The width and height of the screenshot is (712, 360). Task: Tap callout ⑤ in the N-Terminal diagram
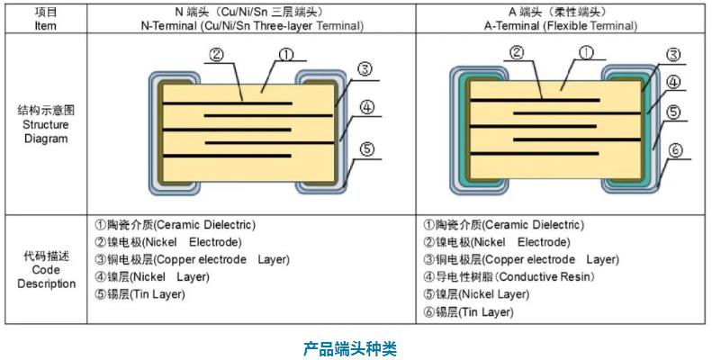[366, 149]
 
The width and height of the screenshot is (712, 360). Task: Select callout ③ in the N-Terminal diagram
[364, 69]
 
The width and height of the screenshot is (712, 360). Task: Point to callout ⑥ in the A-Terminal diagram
[674, 151]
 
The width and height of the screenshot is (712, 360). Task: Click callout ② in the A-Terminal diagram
[517, 52]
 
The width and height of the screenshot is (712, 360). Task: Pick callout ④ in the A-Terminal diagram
[673, 82]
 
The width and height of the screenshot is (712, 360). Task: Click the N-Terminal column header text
[251, 19]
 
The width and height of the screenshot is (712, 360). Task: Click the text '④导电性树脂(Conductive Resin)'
[507, 277]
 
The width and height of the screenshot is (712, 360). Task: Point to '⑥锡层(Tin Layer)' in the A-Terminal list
[468, 311]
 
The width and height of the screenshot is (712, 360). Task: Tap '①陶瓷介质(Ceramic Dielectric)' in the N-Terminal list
[176, 225]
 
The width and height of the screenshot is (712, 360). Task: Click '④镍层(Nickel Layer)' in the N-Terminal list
[151, 277]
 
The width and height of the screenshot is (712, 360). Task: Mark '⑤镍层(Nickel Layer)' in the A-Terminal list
[476, 294]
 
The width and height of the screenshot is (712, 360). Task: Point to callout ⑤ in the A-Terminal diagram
[673, 114]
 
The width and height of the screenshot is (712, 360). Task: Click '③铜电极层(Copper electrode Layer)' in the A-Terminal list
[521, 260]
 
